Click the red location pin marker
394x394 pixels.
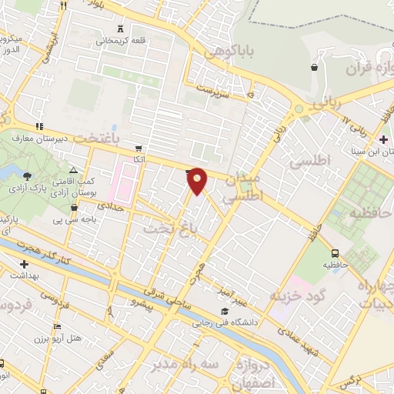point(198,181)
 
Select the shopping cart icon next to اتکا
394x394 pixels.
point(138,149)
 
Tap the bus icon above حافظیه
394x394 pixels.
point(335,253)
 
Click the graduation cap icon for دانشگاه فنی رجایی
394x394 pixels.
point(223,311)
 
